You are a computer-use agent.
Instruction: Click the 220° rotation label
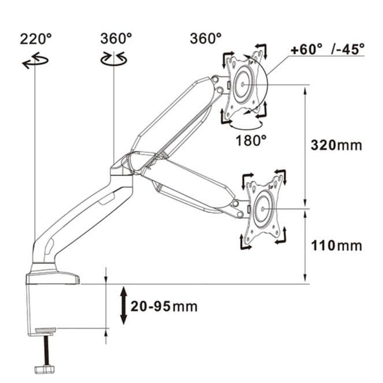[36, 39]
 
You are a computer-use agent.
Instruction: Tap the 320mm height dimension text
[336, 145]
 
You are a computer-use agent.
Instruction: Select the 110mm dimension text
[336, 246]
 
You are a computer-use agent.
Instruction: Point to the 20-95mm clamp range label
[164, 306]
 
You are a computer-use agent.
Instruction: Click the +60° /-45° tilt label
[328, 49]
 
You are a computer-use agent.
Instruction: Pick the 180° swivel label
[251, 140]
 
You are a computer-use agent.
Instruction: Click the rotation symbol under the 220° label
[35, 61]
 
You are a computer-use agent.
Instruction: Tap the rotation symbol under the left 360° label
[114, 58]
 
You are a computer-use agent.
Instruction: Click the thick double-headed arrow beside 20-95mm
[124, 306]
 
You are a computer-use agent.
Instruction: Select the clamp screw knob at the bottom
[44, 369]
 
